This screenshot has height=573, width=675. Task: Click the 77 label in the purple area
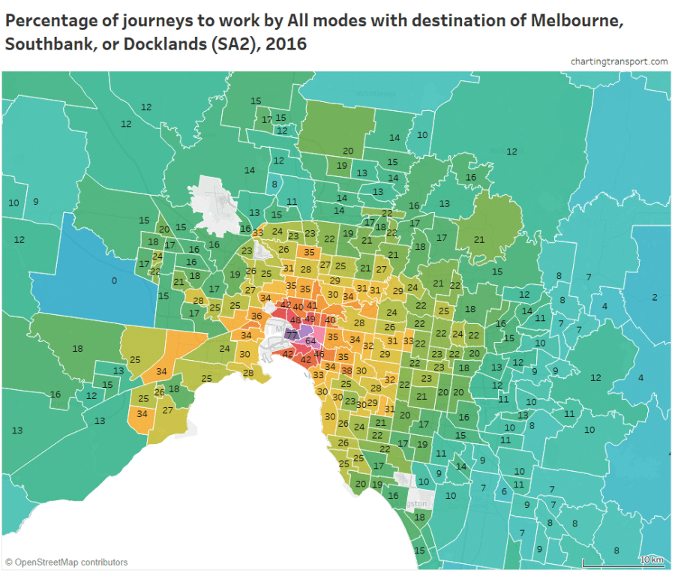pyautogui.click(x=292, y=334)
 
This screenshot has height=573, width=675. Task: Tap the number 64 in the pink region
pyautogui.click(x=310, y=341)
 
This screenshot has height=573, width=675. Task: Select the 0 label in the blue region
pyautogui.click(x=114, y=280)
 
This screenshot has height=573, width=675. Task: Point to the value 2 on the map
pyautogui.click(x=654, y=298)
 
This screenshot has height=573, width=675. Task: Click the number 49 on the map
pyautogui.click(x=310, y=319)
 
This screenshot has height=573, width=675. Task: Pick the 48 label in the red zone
pyautogui.click(x=295, y=320)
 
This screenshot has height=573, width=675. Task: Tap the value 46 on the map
pyautogui.click(x=319, y=354)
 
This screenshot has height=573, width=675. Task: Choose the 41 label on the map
pyautogui.click(x=312, y=306)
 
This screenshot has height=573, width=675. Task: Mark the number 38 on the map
pyautogui.click(x=346, y=370)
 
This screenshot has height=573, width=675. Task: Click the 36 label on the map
pyautogui.click(x=256, y=316)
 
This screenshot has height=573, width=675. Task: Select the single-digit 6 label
pyautogui.click(x=504, y=491)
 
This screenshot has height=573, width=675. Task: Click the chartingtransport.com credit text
pyautogui.click(x=618, y=61)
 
